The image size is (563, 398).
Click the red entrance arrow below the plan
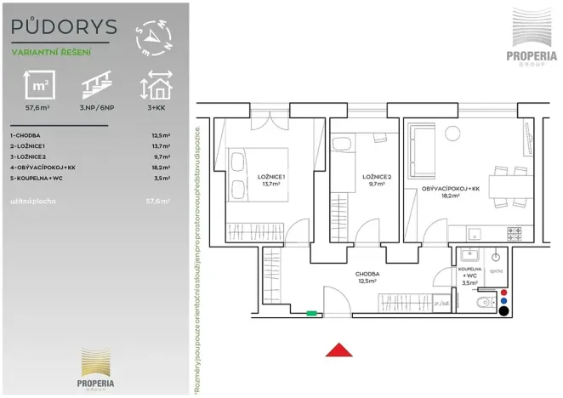(x=339, y=350)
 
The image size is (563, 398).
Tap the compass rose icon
(x=154, y=37)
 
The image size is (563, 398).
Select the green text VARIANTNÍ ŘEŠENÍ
(x=51, y=52)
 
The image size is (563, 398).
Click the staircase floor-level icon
(x=95, y=87)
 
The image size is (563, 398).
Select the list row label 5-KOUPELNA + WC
(x=37, y=179)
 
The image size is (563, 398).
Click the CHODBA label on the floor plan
(x=367, y=274)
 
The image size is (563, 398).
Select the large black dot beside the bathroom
(x=505, y=311)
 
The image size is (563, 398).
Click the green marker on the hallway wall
(x=311, y=314)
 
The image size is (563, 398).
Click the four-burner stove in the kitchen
(x=514, y=232)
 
